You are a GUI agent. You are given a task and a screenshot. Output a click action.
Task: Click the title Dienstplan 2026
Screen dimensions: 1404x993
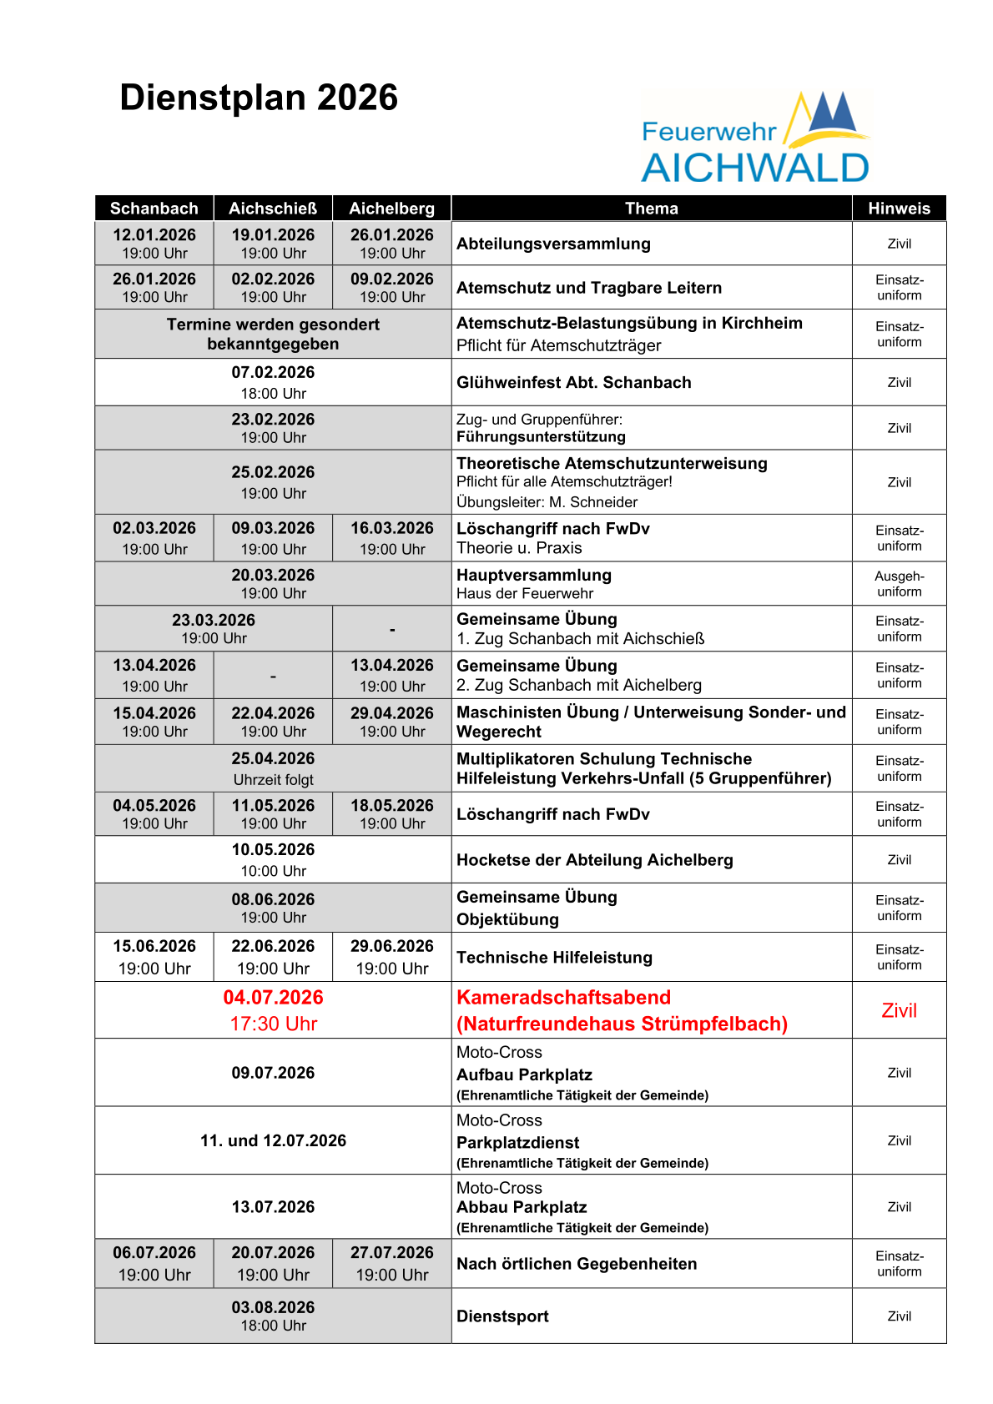click(x=259, y=98)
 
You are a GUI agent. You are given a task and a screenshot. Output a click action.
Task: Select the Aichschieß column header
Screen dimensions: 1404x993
click(x=273, y=209)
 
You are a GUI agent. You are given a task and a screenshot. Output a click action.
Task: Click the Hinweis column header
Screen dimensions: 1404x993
click(x=899, y=209)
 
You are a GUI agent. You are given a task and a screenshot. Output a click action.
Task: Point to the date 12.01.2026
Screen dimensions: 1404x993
click(x=154, y=235)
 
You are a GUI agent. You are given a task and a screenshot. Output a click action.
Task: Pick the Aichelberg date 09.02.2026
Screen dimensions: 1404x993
click(x=392, y=279)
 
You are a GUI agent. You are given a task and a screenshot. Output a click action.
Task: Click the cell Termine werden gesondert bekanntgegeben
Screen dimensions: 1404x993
click(x=273, y=335)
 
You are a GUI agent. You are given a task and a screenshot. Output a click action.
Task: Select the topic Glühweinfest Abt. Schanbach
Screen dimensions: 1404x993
click(x=574, y=383)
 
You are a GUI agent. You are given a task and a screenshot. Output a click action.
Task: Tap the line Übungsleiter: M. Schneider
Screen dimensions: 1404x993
click(x=547, y=502)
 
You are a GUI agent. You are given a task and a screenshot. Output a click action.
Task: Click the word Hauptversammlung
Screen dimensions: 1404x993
click(x=534, y=576)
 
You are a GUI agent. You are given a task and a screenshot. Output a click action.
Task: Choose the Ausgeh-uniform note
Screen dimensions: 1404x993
click(x=899, y=584)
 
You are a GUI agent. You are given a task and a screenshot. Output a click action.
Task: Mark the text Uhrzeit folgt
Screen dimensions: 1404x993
click(x=273, y=780)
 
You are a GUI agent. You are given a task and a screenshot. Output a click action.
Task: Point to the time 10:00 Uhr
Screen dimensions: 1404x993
click(x=273, y=871)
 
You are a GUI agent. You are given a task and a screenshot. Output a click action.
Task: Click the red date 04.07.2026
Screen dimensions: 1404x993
click(x=273, y=998)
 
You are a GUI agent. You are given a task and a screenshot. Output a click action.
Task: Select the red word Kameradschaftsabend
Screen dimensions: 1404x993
click(x=563, y=998)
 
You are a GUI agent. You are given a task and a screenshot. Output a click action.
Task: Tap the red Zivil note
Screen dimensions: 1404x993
click(x=899, y=1011)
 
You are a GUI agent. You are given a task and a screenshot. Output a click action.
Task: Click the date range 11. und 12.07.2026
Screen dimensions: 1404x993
click(x=273, y=1141)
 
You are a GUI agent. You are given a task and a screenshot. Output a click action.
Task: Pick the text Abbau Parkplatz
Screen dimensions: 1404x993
click(x=522, y=1208)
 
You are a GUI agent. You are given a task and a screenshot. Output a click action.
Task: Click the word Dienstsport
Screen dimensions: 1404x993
click(x=502, y=1316)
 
